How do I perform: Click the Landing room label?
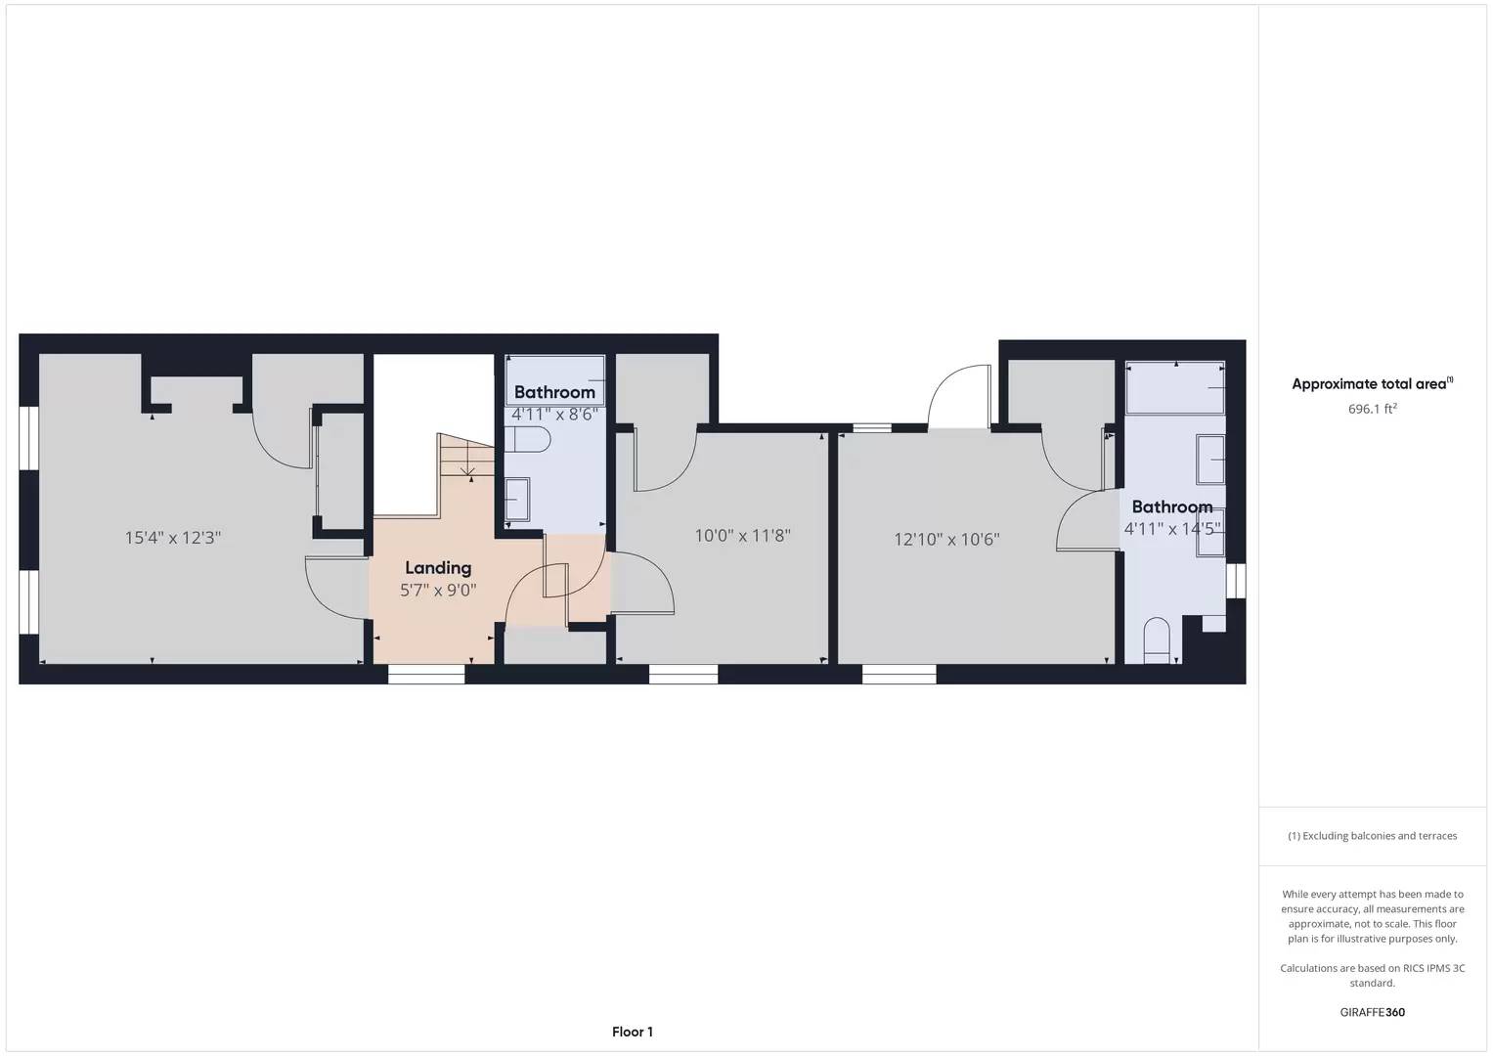438,568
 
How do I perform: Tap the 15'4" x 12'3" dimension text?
173,538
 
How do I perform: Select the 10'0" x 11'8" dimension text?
742,536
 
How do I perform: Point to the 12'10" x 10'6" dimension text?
946,539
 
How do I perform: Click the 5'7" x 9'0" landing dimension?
438,590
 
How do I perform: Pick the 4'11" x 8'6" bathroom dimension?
553,414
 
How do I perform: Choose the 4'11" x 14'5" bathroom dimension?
1171,529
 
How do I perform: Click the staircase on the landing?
466,456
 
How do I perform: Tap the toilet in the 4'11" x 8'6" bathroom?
527,439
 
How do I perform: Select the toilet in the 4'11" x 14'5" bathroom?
1157,640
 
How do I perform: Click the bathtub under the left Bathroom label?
554,380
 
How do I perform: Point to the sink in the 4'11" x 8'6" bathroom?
517,500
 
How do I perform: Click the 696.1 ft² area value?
1373,409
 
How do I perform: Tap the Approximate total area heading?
1373,383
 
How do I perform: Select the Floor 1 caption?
633,1032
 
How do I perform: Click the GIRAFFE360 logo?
1373,1012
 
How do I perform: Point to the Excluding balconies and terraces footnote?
1373,836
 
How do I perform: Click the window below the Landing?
426,674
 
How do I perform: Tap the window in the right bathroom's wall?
1237,581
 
